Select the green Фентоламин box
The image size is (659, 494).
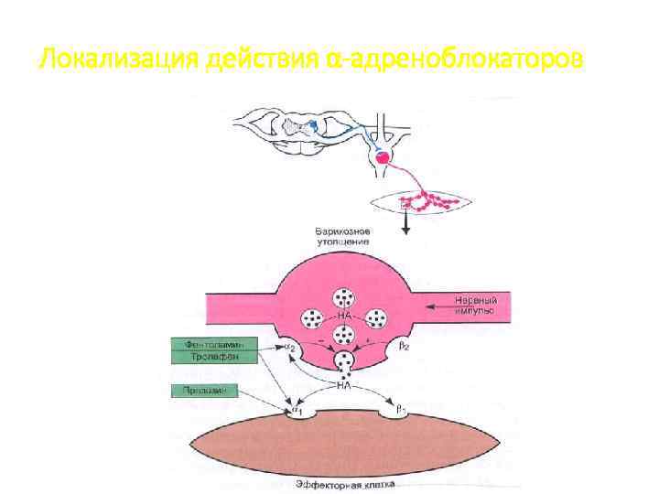pyautogui.click(x=212, y=344)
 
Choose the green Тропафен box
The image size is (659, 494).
pyautogui.click(x=212, y=358)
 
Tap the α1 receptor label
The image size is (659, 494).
pyautogui.click(x=297, y=413)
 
